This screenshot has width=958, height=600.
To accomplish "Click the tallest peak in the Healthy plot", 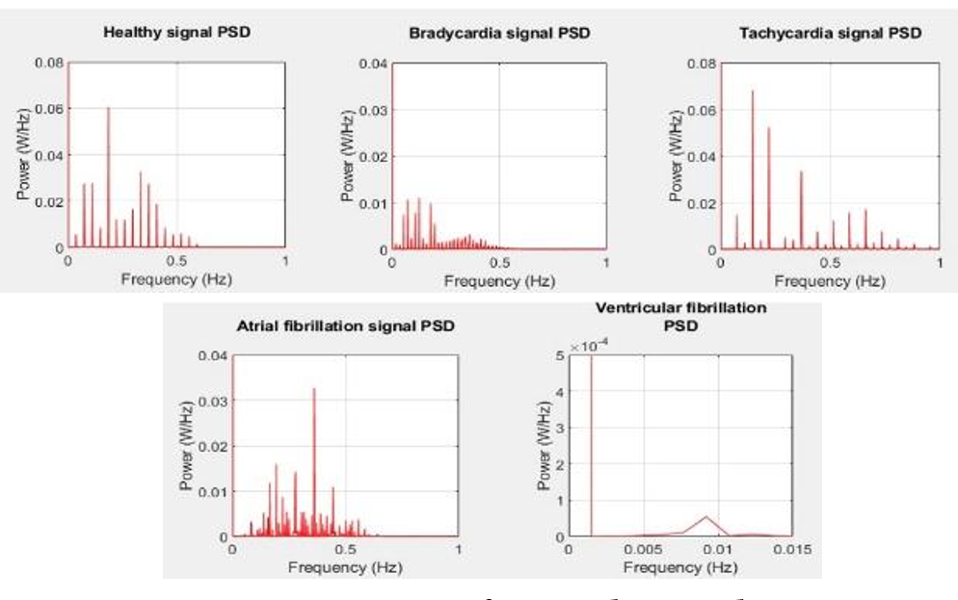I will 109,108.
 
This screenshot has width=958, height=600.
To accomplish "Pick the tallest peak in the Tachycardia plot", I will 753,91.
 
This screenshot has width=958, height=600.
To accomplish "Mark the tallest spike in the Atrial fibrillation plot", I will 314,389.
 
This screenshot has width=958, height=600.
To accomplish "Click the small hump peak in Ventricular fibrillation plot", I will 705,517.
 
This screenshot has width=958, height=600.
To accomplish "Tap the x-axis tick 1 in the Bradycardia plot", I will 605,261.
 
